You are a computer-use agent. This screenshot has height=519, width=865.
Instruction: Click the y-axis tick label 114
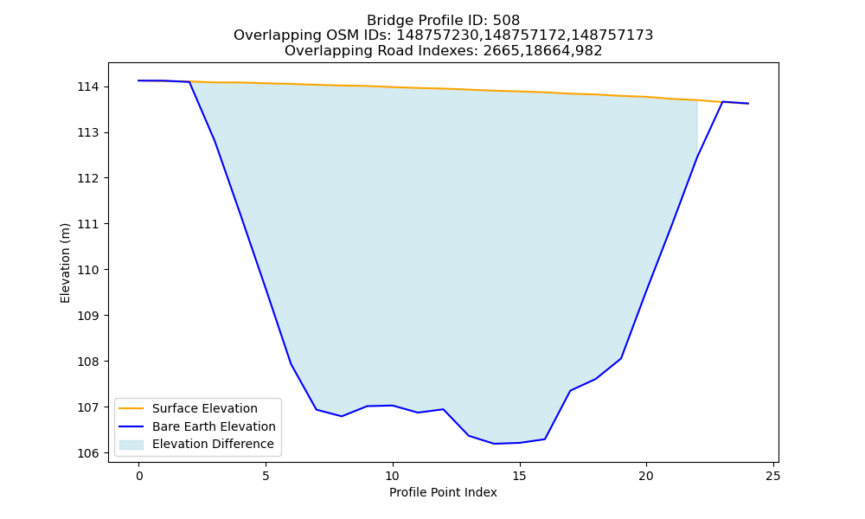(x=87, y=87)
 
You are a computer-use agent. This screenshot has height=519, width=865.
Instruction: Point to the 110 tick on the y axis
(x=87, y=270)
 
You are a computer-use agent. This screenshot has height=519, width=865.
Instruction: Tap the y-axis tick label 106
(x=87, y=453)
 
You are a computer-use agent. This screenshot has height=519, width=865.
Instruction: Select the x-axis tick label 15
(x=519, y=476)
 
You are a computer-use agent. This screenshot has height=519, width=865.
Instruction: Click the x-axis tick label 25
(x=772, y=476)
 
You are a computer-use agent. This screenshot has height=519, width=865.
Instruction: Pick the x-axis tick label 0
(x=139, y=476)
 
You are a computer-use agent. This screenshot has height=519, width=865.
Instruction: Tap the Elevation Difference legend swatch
(x=131, y=445)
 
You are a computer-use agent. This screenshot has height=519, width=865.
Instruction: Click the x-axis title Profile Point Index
(x=443, y=492)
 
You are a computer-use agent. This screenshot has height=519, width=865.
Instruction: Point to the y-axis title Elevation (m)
(x=65, y=263)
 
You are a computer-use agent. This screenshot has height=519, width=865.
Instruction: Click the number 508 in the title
(x=506, y=21)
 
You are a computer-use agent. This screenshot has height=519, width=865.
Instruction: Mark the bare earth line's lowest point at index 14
(x=494, y=444)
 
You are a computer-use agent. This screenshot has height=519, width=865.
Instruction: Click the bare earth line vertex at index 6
(x=291, y=364)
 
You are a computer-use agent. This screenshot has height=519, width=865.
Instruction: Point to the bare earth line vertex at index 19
(x=620, y=358)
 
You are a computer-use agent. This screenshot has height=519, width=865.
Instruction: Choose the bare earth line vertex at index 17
(x=570, y=390)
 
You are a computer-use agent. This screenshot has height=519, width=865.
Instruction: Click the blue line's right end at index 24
(x=748, y=104)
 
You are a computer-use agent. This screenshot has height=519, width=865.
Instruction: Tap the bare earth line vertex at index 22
(x=697, y=157)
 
